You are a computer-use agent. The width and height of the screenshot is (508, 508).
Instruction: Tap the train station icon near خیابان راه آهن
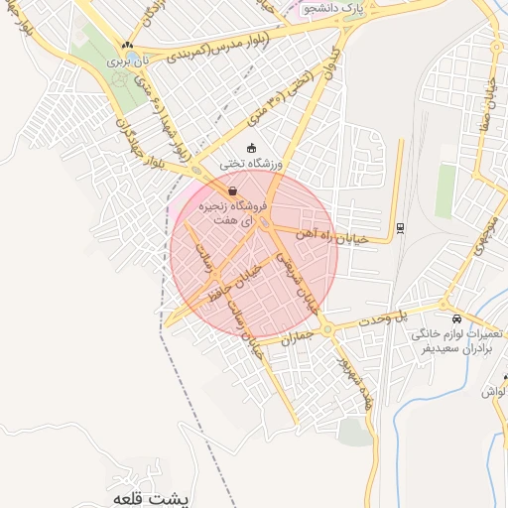[399, 228]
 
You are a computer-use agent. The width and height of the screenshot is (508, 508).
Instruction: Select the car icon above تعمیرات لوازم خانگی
[455, 319]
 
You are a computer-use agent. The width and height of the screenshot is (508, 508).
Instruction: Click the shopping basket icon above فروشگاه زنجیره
[232, 191]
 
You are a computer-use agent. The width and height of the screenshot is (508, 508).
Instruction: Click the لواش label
[493, 392]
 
